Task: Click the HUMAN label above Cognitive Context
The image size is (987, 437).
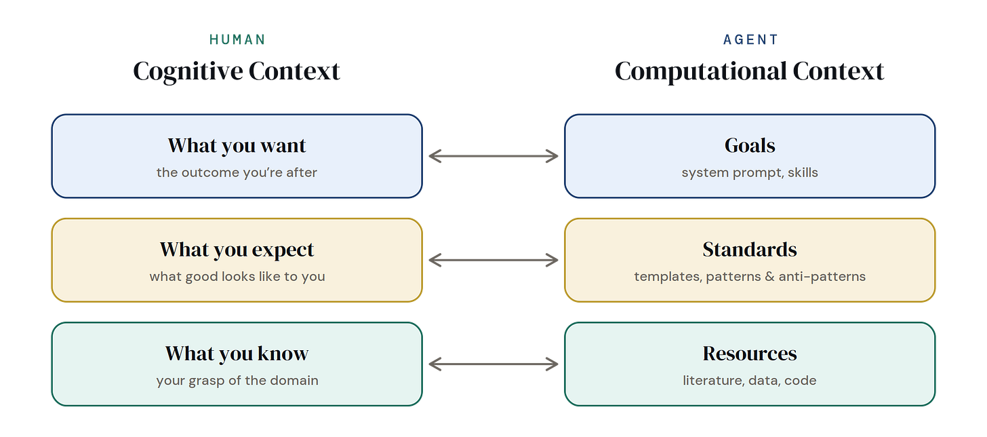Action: tap(237, 39)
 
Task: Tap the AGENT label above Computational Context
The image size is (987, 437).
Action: tap(750, 39)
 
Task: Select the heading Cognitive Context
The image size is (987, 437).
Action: tap(237, 71)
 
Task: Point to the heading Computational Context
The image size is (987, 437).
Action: tap(750, 71)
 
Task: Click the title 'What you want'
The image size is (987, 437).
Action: tap(237, 146)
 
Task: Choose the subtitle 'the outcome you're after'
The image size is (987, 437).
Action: tap(237, 172)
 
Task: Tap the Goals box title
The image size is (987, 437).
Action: tap(750, 145)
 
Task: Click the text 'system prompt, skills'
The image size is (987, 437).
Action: tap(750, 173)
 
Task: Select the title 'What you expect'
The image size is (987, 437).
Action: tap(237, 250)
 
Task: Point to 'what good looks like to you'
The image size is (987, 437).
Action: tap(237, 276)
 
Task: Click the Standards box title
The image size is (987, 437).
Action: tap(750, 250)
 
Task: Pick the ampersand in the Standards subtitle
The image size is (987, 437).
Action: tap(770, 276)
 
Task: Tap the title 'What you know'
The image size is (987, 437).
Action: tap(237, 354)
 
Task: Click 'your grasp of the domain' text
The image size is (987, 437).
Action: tap(237, 381)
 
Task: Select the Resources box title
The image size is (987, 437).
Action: tap(750, 354)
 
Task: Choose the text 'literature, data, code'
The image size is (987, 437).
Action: tap(750, 381)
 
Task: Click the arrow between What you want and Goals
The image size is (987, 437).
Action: tap(493, 156)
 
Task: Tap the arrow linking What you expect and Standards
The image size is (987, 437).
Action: tap(493, 260)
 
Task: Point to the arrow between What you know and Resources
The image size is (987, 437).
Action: tap(493, 364)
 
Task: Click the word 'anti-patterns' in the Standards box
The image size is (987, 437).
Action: tap(822, 277)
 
